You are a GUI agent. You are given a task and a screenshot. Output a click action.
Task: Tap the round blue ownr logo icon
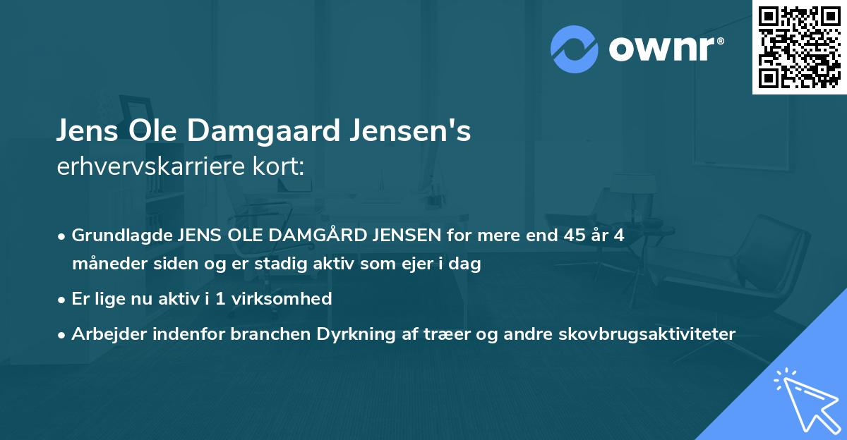(575, 49)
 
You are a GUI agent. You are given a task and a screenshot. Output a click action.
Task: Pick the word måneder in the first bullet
(105, 264)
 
